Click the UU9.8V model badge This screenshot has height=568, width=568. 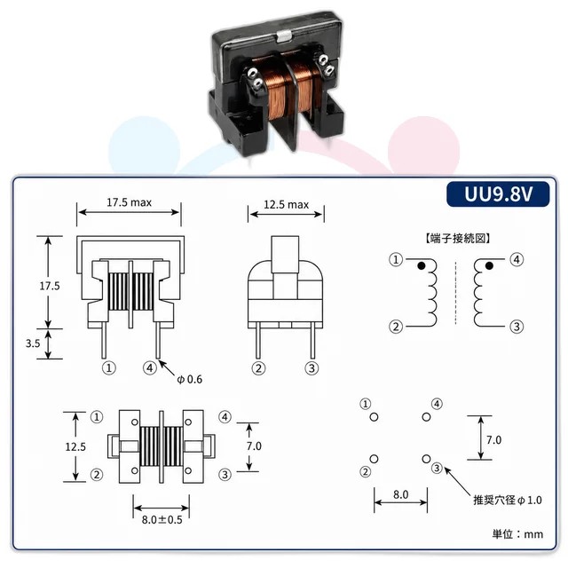pos(498,193)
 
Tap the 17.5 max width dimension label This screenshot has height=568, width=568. pos(129,202)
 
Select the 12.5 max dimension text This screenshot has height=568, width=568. pos(286,205)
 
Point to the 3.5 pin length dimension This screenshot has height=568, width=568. pos(33,343)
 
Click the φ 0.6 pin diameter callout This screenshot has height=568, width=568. pos(189,379)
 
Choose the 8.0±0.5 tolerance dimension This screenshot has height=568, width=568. pos(162,520)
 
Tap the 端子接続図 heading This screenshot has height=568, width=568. pos(458,239)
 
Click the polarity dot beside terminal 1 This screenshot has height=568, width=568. pos(421,265)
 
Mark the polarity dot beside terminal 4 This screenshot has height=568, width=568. pos(489,266)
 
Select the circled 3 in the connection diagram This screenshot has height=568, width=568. pos(517,327)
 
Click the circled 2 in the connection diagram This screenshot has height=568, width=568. pos(396,327)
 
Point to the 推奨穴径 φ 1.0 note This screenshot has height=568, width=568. pos(508,501)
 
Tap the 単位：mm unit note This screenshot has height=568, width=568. pos(517,534)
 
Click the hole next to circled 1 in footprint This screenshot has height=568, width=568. pos(374,417)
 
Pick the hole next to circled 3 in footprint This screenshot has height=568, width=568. pos(426,459)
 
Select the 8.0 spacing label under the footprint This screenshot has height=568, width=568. pos(400,494)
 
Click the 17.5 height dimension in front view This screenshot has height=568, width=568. pos(50,286)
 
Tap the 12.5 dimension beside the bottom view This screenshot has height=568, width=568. pos(75,446)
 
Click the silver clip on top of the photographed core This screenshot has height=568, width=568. pos(284,35)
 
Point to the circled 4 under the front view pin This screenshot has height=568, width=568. pos(149,368)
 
